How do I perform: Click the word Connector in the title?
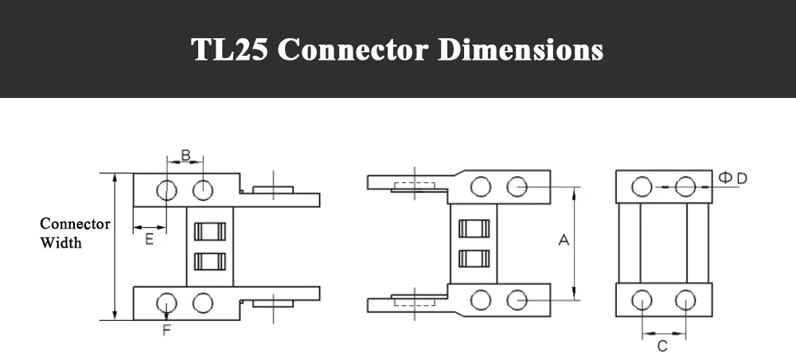coord(353,49)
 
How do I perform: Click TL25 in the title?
coord(229,49)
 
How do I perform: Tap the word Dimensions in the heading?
coord(521,49)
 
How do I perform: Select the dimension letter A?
coord(564,240)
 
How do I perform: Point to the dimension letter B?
coord(185,155)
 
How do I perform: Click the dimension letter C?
coord(662,346)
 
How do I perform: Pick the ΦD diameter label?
coord(733,178)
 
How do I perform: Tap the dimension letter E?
coord(150,239)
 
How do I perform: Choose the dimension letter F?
coord(166,331)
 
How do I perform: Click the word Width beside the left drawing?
coord(61,243)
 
